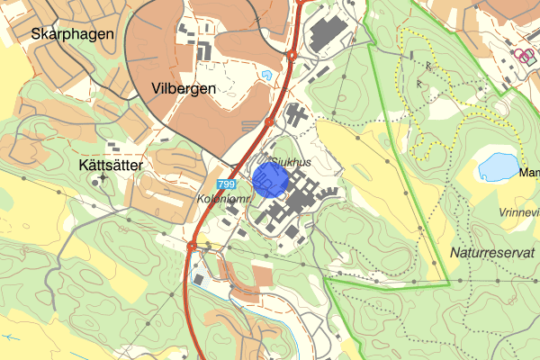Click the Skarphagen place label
pyautogui.click(x=72, y=35)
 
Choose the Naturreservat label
pyautogui.click(x=493, y=255)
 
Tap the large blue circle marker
pyautogui.click(x=269, y=180)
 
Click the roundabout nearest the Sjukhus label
pyautogui.click(x=270, y=121)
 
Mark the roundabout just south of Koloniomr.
pyautogui.click(x=192, y=245)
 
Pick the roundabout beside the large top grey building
pyautogui.click(x=292, y=55)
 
